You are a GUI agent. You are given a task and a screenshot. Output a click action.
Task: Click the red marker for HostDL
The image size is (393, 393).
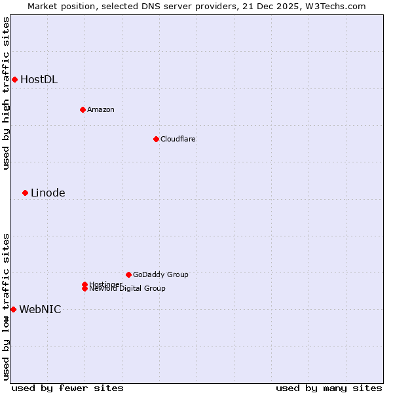pyautogui.click(x=14, y=80)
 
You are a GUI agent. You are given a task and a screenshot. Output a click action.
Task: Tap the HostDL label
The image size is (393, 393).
pyautogui.click(x=39, y=80)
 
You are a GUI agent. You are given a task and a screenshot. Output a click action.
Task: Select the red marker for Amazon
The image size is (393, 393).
pyautogui.click(x=83, y=109)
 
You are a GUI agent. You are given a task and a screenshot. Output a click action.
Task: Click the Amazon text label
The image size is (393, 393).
pyautogui.click(x=100, y=109)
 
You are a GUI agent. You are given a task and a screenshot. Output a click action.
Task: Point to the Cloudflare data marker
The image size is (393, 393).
pyautogui.click(x=156, y=139)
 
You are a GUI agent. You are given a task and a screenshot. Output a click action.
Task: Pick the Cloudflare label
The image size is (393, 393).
pyautogui.click(x=178, y=139)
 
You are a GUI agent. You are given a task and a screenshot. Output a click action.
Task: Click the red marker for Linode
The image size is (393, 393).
pyautogui.click(x=25, y=193)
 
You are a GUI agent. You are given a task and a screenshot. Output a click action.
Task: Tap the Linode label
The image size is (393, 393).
pyautogui.click(x=48, y=193)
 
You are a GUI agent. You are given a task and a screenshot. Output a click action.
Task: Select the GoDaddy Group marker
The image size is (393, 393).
pyautogui.click(x=128, y=274)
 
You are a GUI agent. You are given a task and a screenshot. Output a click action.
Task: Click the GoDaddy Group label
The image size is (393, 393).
pyautogui.click(x=160, y=274)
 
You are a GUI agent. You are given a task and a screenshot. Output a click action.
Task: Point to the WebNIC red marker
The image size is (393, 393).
pyautogui.click(x=13, y=309)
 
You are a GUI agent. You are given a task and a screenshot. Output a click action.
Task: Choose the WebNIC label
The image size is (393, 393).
pyautogui.click(x=40, y=309)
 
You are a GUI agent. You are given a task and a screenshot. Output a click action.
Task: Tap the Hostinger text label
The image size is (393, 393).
pyautogui.click(x=105, y=284)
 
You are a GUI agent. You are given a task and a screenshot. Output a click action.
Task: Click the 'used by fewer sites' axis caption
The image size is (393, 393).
pyautogui.click(x=67, y=388)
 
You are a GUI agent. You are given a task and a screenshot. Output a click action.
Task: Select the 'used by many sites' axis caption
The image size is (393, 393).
pyautogui.click(x=329, y=388)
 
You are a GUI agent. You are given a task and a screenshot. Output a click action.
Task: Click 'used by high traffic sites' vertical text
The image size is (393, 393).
pyautogui.click(x=6, y=93)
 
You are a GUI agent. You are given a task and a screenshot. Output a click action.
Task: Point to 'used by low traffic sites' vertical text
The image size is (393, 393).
pyautogui.click(x=6, y=307)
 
